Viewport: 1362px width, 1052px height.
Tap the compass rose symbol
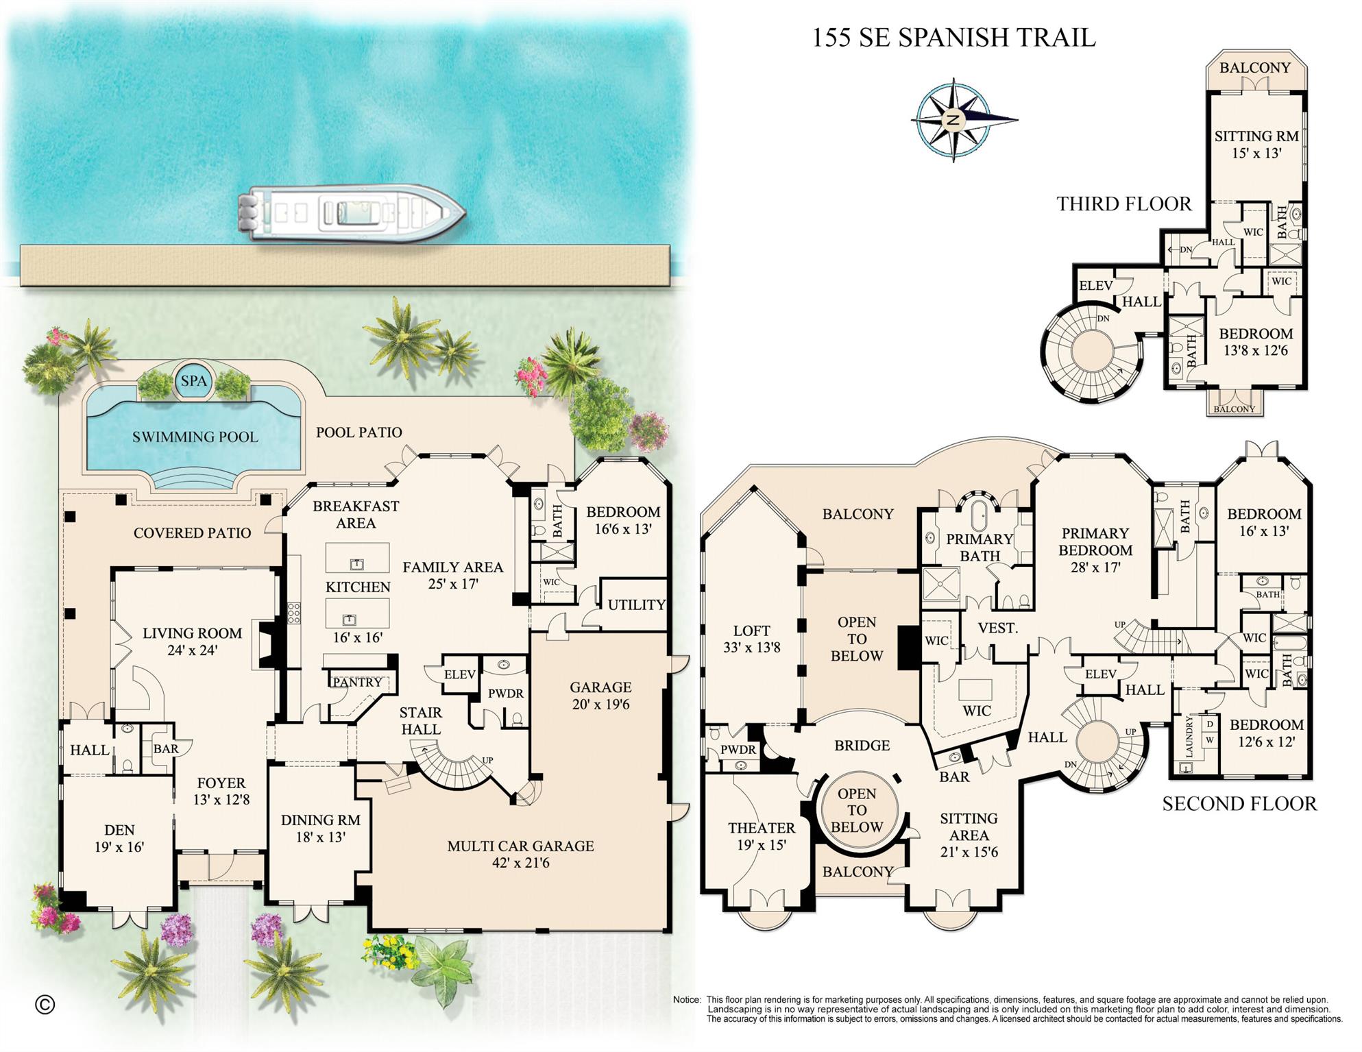click(x=953, y=120)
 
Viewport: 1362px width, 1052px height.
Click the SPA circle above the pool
click(x=194, y=381)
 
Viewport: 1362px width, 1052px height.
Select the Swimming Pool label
click(x=195, y=437)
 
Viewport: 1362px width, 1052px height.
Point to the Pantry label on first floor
click(x=357, y=682)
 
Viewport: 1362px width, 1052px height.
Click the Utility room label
click(x=636, y=604)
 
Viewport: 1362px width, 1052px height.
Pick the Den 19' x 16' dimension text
click(x=119, y=847)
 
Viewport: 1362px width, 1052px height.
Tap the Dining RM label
click(x=320, y=820)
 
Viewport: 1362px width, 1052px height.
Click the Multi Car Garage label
click(x=520, y=846)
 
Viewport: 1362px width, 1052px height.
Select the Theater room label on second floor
click(x=761, y=828)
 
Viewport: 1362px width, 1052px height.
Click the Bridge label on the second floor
click(x=862, y=745)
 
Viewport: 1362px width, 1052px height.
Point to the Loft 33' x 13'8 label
click(x=751, y=639)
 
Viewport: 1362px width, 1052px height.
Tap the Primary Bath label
click(x=979, y=547)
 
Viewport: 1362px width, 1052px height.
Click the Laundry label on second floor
click(x=1189, y=737)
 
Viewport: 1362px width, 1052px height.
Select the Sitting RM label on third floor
click(x=1256, y=136)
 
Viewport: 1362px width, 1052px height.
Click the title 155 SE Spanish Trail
click(x=953, y=38)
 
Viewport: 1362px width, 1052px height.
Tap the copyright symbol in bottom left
click(x=45, y=1005)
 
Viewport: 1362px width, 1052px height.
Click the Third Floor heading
click(x=1123, y=204)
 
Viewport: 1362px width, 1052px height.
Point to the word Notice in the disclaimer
click(x=687, y=1000)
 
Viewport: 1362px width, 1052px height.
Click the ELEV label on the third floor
click(x=1095, y=286)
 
